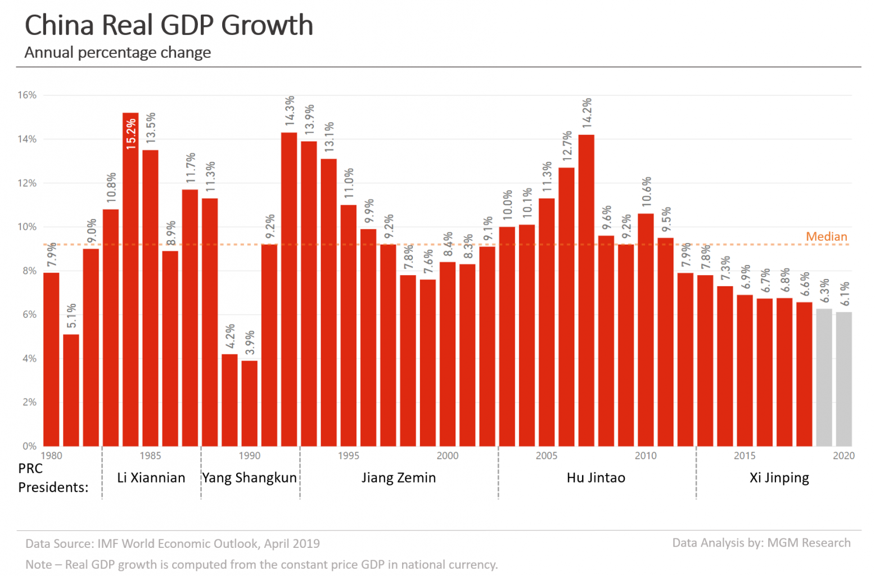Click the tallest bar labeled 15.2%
pos(130,281)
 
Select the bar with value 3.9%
pos(249,403)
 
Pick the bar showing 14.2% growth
pos(586,290)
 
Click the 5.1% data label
pos(71,316)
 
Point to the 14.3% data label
pos(289,111)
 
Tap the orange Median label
pos(826,237)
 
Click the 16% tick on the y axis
pos(27,95)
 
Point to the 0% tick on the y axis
pos(29,446)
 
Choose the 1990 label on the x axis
pos(249,456)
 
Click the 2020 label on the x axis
pos(844,456)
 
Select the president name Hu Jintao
pos(596,478)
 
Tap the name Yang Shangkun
pos(250,478)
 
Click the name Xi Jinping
pos(779,478)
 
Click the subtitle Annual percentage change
pos(118,53)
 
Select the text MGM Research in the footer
pos(809,543)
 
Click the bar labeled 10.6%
pos(646,330)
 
